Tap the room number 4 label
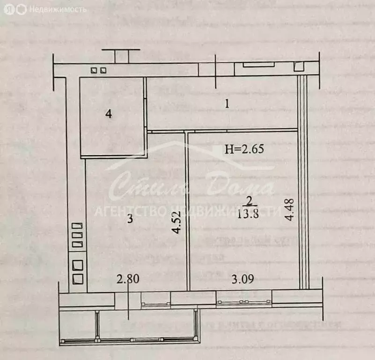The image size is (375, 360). click(x=109, y=114)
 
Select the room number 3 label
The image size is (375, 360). click(x=131, y=218)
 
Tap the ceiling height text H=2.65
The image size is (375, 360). click(x=245, y=150)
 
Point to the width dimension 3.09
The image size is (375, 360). click(x=243, y=280)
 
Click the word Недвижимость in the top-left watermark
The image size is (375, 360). click(x=58, y=9)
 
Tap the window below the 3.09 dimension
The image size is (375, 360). click(x=243, y=298)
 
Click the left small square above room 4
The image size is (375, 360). click(x=94, y=71)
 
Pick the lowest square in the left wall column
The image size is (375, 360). click(x=78, y=280)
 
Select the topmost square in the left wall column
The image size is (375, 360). click(x=77, y=226)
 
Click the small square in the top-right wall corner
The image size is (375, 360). click(x=299, y=67)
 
